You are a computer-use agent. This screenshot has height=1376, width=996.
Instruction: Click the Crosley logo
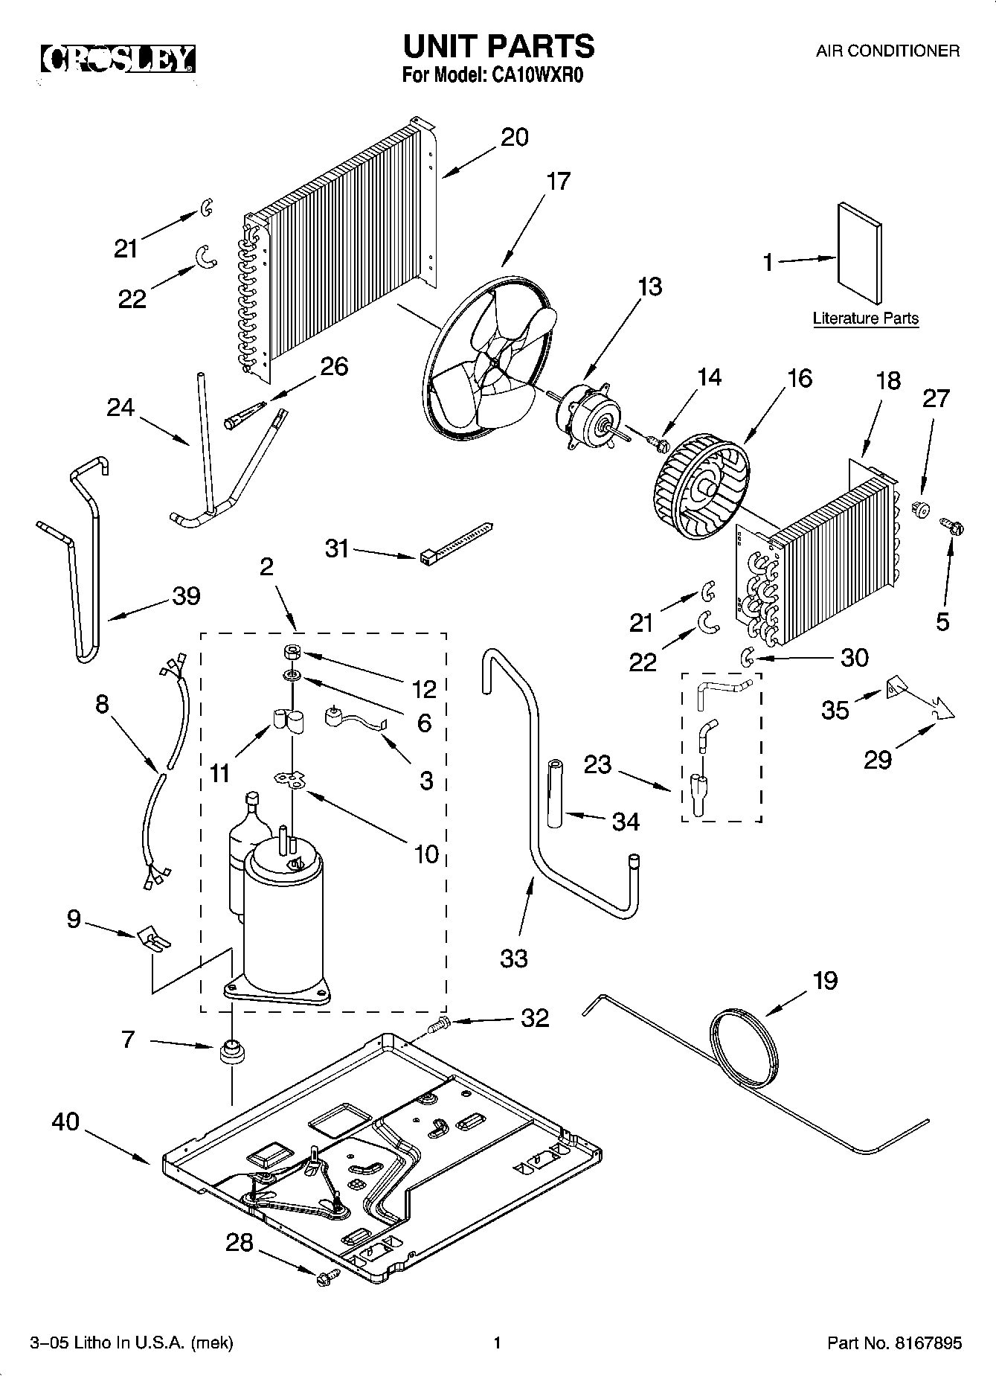tap(118, 60)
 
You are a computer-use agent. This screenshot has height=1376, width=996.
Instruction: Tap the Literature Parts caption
tap(865, 319)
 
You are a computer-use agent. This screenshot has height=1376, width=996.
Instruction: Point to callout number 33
tap(513, 959)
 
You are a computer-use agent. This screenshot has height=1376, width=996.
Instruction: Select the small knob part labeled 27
tap(921, 510)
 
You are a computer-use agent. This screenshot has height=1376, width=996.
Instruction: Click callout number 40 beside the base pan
tap(65, 1121)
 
